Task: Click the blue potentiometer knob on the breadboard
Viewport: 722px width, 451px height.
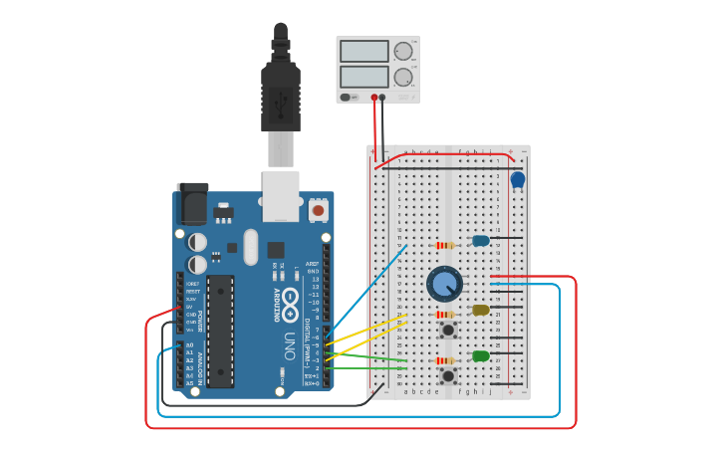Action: point(444,284)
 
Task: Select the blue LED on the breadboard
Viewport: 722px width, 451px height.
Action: point(481,240)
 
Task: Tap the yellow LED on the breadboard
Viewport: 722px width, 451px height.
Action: point(481,310)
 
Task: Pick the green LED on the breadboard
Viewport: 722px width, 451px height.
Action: point(481,355)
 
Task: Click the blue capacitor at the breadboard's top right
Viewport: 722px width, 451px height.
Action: point(517,179)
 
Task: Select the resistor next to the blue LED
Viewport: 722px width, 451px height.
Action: point(444,245)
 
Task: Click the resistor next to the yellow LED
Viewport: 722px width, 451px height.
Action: point(445,314)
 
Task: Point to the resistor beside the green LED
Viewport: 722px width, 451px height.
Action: point(445,360)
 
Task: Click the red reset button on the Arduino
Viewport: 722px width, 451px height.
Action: point(318,210)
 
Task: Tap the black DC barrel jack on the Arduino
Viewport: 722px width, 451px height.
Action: point(192,204)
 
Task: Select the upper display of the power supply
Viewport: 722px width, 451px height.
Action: point(363,51)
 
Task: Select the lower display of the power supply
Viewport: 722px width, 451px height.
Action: point(363,77)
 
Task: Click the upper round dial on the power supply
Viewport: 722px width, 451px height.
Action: point(403,51)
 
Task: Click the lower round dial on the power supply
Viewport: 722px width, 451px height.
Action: point(403,77)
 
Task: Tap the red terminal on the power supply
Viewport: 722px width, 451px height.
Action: point(374,98)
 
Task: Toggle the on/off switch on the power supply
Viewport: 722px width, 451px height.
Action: point(346,98)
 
